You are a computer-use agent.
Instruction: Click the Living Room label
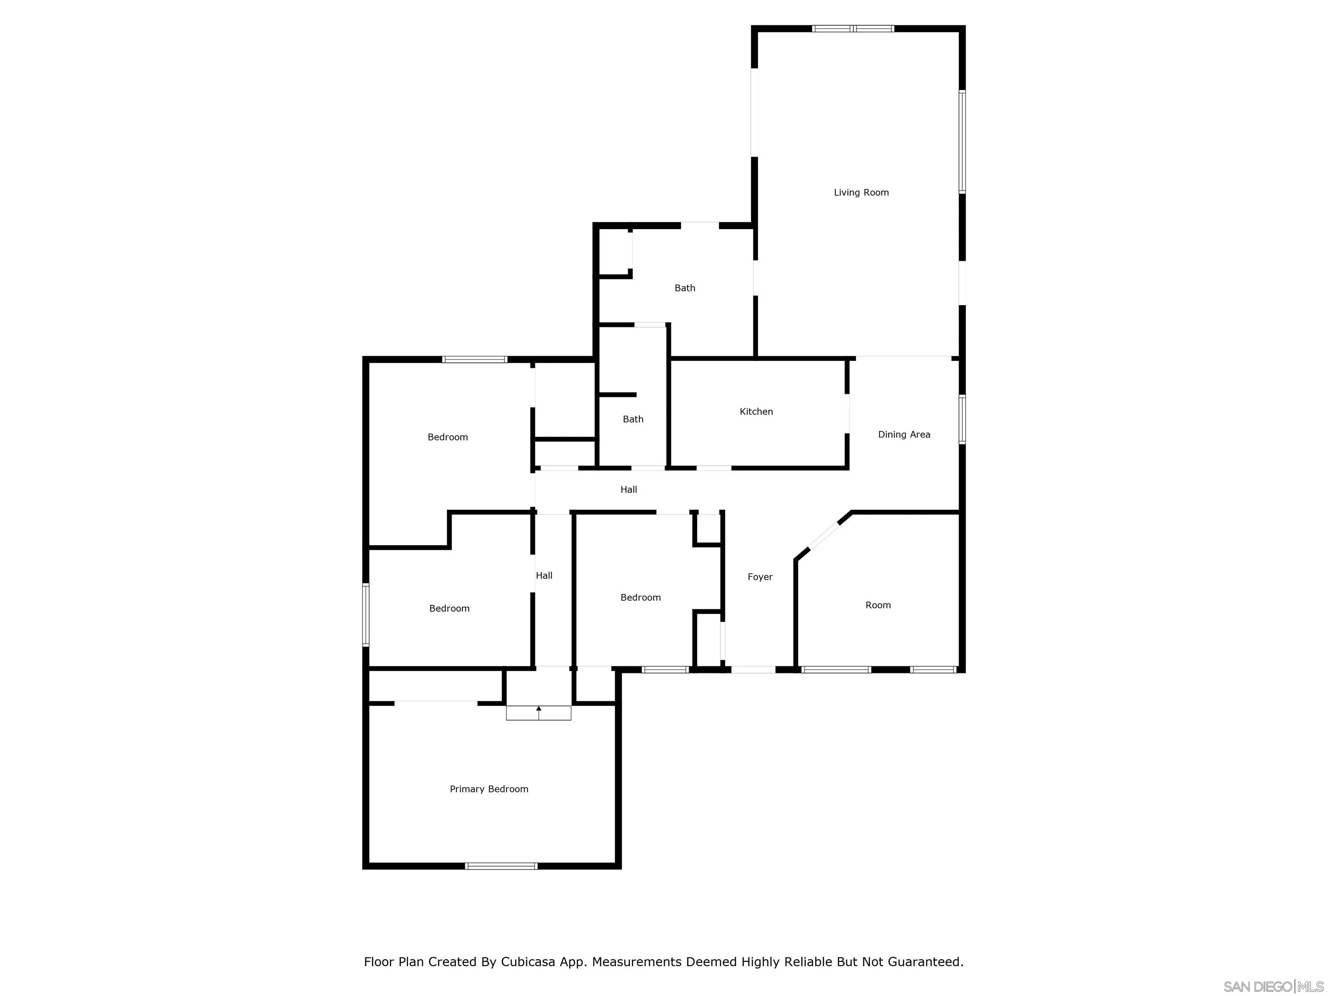861,193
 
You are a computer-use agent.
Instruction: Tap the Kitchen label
756,412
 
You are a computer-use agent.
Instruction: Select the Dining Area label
903,434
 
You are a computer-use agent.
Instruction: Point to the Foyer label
760,577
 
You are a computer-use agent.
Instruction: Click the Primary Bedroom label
488,789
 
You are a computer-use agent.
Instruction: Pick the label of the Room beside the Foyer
878,605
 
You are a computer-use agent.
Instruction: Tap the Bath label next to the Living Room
684,288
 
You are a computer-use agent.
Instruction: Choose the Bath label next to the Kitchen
633,419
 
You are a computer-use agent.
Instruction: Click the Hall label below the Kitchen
629,490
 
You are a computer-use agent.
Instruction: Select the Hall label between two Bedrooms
544,576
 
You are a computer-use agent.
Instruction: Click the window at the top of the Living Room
853,28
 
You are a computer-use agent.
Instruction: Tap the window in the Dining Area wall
962,419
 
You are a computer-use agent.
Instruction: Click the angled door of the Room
824,536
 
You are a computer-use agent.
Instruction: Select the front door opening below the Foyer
753,669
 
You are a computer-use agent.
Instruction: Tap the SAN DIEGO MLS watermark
1273,986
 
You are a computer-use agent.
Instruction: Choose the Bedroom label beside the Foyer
640,597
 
